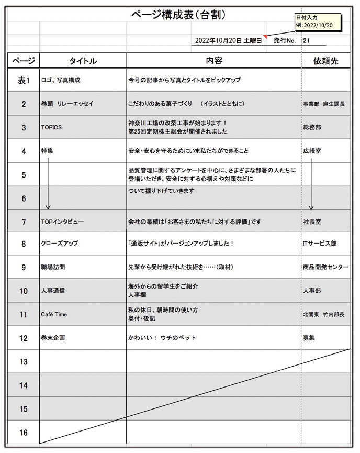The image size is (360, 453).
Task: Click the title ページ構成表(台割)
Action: click(178, 15)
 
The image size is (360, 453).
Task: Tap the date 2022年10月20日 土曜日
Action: click(228, 40)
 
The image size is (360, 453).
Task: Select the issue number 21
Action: click(307, 40)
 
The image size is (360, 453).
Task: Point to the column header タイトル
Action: click(83, 61)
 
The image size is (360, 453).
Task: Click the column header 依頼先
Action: click(325, 61)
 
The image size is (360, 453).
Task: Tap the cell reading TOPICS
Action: click(51, 127)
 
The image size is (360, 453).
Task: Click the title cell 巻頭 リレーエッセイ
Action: click(67, 104)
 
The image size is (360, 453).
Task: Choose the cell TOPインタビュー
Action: click(62, 222)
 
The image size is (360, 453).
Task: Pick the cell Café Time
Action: click(54, 314)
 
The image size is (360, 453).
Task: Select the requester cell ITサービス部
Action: click(320, 244)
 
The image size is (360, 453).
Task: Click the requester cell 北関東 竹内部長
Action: click(323, 314)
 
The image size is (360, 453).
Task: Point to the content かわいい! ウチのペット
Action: click(162, 338)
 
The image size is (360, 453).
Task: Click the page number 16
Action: click(24, 433)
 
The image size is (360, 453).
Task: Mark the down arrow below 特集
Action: click(48, 183)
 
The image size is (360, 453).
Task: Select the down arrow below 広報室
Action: click(311, 183)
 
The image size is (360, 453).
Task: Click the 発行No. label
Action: click(285, 40)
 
